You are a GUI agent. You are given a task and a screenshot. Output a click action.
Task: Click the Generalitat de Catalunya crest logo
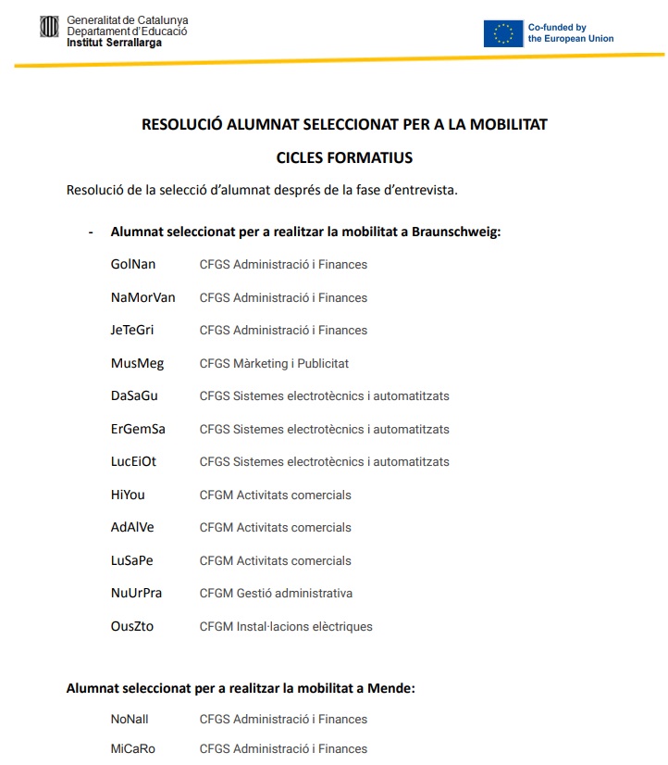point(49,28)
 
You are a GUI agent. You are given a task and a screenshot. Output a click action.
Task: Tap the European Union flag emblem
point(502,33)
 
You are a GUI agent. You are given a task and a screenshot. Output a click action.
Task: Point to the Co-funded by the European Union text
point(570,33)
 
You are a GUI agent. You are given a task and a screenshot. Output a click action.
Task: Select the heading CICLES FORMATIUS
point(344,157)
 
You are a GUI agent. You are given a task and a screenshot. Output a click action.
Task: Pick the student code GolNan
point(133,265)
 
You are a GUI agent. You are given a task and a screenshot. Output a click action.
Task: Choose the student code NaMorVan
point(142,297)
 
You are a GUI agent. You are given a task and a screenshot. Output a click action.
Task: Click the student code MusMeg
point(137,363)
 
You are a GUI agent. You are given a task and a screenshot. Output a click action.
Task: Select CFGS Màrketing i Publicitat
point(274,363)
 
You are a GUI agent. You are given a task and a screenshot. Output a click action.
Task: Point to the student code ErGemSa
point(138,429)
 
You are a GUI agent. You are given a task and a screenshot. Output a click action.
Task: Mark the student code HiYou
point(128,495)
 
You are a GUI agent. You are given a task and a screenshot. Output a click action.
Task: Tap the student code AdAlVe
point(132,528)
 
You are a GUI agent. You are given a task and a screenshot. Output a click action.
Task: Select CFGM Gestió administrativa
point(276,594)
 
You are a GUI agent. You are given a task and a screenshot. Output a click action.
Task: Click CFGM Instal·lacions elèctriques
point(286,626)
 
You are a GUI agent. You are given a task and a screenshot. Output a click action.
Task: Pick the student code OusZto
point(132,626)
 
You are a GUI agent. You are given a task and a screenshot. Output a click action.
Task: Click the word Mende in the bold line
point(390,688)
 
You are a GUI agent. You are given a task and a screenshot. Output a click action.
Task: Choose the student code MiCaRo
point(133,748)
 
